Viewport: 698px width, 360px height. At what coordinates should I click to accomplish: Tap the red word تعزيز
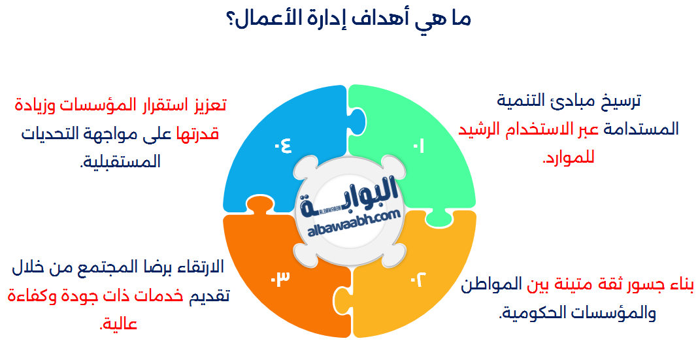205,104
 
